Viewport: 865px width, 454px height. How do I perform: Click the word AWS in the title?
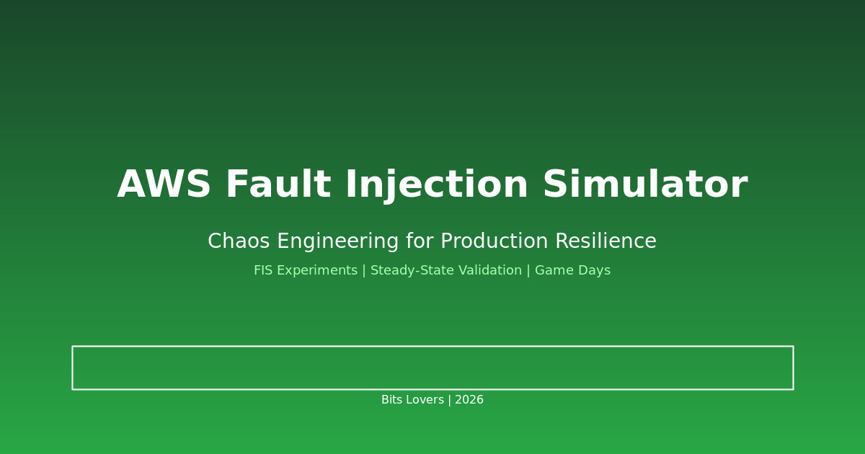[164, 186]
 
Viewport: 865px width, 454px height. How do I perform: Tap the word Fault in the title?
[278, 186]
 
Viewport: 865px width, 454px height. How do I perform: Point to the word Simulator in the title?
[644, 186]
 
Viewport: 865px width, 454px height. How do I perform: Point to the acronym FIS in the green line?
[264, 271]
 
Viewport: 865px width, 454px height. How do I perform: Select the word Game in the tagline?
[552, 271]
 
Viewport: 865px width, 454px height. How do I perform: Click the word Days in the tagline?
[593, 271]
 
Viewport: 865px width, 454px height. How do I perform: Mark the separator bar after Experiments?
[364, 271]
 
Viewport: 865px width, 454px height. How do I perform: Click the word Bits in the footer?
[393, 400]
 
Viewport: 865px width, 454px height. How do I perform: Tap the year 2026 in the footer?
[469, 400]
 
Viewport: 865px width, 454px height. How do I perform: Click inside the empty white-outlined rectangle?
[432, 368]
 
